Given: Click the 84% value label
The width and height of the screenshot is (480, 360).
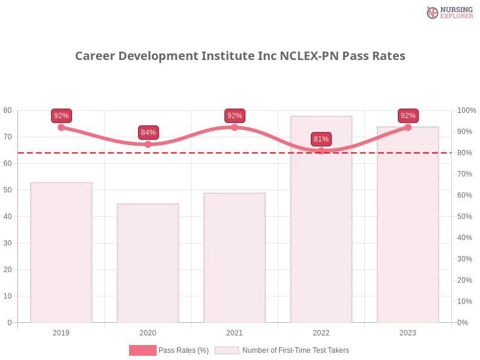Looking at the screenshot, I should (148, 133).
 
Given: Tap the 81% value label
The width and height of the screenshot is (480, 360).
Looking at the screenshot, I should (321, 139).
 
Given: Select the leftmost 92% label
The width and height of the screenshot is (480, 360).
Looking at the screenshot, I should (61, 116).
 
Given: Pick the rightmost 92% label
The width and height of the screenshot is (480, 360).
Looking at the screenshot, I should (408, 116).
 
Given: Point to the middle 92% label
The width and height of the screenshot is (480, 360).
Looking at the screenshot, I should (235, 116).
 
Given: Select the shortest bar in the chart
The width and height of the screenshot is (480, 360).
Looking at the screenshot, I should (148, 263).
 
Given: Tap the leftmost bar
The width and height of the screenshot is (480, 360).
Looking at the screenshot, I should (62, 251).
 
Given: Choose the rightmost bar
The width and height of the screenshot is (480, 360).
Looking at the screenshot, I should (408, 225).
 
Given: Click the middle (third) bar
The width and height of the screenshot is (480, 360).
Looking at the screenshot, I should (235, 259).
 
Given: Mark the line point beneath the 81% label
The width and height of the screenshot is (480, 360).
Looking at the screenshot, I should (321, 151).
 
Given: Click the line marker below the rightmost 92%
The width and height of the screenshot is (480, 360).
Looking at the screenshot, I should (408, 127).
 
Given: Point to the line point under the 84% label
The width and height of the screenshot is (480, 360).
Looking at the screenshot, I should (148, 144).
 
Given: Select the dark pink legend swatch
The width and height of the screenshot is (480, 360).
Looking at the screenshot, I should (142, 350).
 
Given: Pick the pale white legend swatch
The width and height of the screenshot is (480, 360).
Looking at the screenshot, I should (227, 350).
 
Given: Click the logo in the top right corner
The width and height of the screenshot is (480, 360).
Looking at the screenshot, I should (448, 13).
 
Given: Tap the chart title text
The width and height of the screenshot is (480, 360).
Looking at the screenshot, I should (240, 56).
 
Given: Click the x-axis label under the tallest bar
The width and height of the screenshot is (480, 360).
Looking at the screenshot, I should (321, 331).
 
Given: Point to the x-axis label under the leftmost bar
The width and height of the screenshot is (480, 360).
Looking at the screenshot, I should (62, 331).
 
